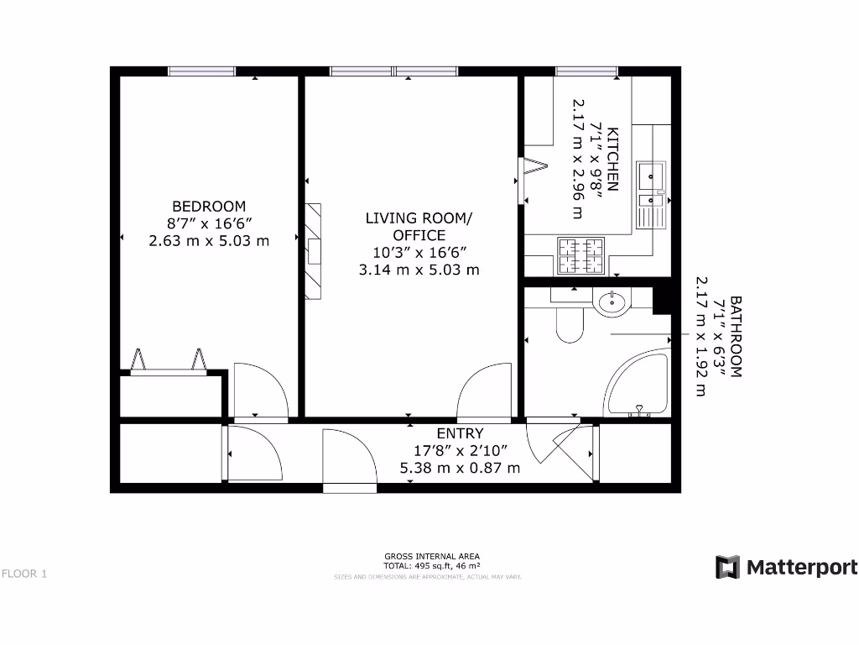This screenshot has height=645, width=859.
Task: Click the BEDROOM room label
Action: coord(209,207)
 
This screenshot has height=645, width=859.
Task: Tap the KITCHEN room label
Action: coord(613,160)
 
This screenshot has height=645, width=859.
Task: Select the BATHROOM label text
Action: coord(736,336)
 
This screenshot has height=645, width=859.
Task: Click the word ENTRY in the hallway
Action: coord(460,433)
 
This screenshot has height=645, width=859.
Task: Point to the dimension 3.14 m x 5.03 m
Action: coord(419,270)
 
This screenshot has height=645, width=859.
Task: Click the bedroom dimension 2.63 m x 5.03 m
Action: coord(209,240)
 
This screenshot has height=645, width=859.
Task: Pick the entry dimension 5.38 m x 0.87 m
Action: coord(460,468)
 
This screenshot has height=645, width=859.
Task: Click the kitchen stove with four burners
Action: coord(580,256)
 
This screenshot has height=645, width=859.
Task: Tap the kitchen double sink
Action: coord(651,194)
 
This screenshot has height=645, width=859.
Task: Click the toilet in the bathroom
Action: coord(570,322)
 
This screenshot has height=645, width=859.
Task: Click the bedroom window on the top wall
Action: coord(201,71)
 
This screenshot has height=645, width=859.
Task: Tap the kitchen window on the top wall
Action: coord(586,71)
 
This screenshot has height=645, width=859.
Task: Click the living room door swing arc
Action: coord(484,390)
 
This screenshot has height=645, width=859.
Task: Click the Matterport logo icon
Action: coord(726,568)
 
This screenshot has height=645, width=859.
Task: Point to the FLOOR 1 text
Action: coord(24,574)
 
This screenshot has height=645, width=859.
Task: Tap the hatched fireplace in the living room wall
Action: coord(315,250)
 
